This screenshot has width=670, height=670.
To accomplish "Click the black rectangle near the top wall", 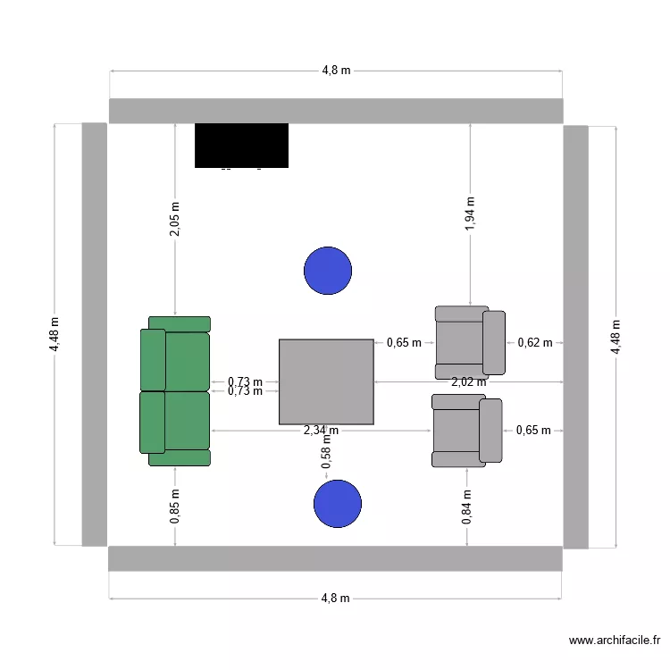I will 241,145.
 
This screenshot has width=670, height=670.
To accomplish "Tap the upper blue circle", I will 328,271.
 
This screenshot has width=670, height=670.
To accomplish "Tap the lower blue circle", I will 338,504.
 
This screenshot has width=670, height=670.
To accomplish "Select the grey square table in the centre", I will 326,381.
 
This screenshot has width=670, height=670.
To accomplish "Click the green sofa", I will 175,391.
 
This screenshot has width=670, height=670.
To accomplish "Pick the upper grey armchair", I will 470,341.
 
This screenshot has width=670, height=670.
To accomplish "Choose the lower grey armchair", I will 467,431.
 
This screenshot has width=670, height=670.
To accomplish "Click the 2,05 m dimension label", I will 174,219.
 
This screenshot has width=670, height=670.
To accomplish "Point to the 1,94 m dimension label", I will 470,214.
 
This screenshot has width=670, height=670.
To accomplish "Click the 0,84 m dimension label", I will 466,507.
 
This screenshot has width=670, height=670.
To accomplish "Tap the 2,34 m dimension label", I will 321,431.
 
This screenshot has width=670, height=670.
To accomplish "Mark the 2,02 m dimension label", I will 468,381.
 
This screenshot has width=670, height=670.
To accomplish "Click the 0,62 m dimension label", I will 535,342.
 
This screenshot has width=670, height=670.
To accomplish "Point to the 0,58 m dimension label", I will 326,456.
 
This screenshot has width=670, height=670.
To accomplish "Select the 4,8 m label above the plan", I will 336,71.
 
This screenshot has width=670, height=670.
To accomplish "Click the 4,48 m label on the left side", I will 54,334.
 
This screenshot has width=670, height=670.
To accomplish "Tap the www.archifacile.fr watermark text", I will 614,641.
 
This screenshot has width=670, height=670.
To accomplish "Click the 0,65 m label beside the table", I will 404,342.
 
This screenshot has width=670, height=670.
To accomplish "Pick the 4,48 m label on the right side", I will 615,336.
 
